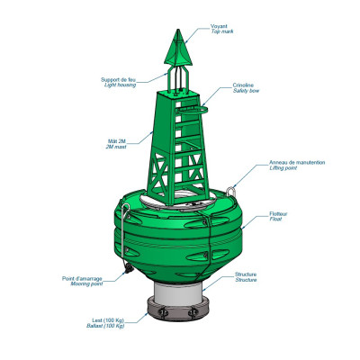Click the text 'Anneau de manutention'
(297, 163)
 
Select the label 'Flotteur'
(279, 213)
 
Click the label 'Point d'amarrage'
(81, 279)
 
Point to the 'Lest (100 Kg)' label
(107, 319)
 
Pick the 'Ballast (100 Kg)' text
(105, 325)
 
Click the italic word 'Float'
(274, 220)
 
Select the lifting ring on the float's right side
(234, 189)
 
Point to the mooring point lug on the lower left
(131, 269)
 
